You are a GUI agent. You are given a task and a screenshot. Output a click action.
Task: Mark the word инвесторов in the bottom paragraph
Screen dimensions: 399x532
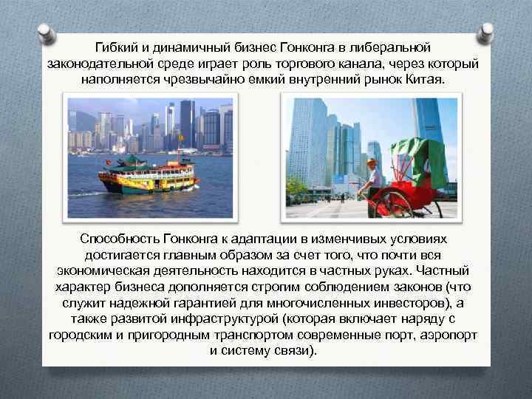[417, 303]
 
